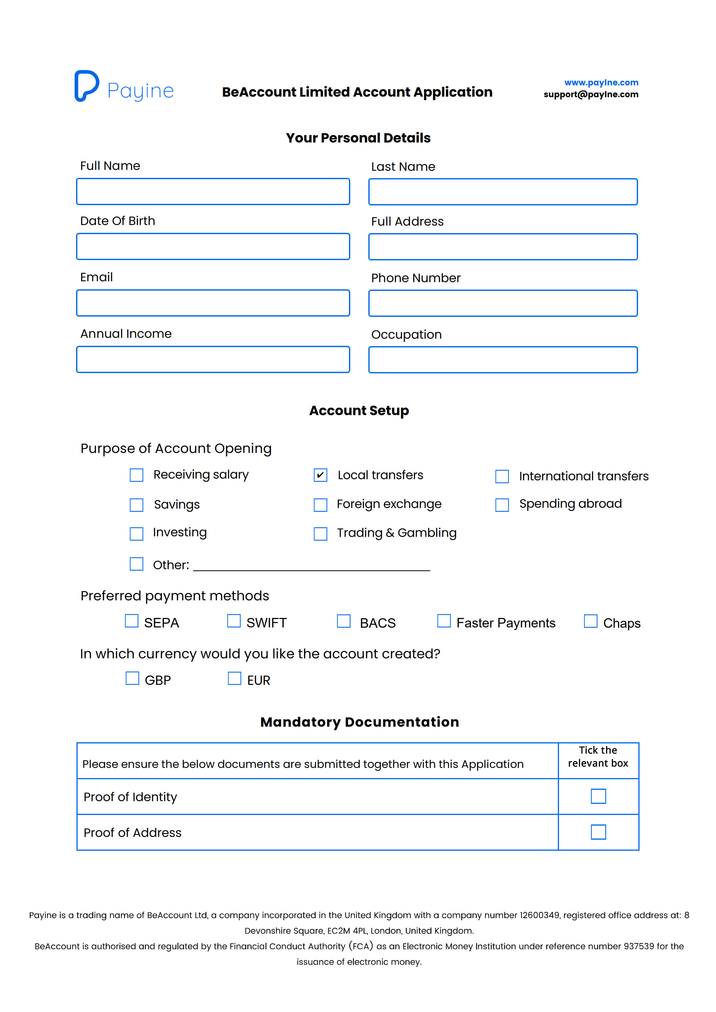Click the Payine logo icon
pos(86,86)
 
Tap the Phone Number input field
pos(503,303)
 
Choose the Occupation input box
pos(503,360)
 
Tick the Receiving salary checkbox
pos(136,475)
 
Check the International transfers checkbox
pos(502,477)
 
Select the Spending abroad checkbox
pos(502,505)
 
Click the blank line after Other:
pos(311,566)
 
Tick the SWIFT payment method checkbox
pos(234,621)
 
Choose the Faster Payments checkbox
pos(444,621)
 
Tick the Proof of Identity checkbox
pos(598,797)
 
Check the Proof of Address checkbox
pos(598,832)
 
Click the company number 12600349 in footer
pos(539,915)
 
